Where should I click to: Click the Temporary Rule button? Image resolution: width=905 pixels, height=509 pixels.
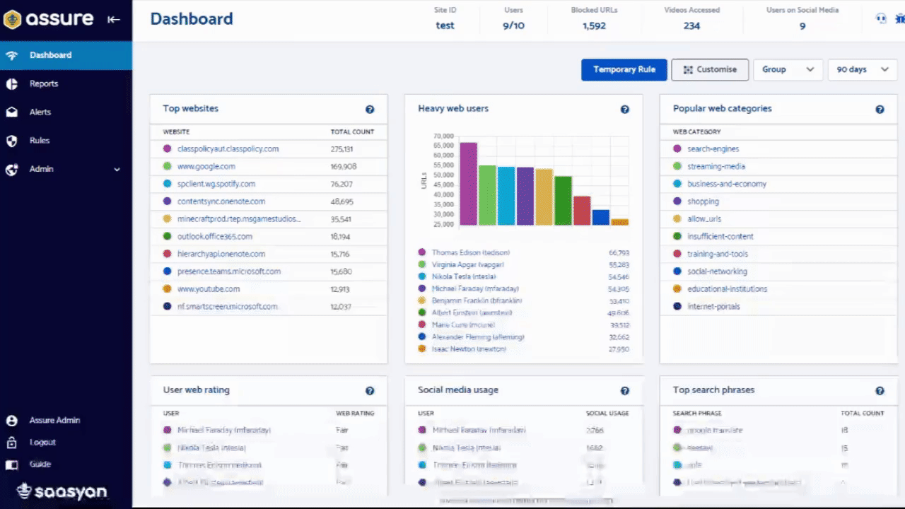pyautogui.click(x=624, y=69)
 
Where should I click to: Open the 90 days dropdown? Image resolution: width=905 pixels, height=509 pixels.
pyautogui.click(x=861, y=69)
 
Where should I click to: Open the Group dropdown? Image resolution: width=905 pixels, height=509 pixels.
pyautogui.click(x=787, y=69)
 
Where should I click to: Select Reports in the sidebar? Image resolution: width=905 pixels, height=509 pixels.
pyautogui.click(x=44, y=83)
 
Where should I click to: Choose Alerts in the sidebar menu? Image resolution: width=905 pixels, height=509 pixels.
pyautogui.click(x=40, y=112)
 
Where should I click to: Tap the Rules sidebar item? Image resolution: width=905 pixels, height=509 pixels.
pyautogui.click(x=40, y=140)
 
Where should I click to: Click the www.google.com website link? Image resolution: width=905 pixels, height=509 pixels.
pyautogui.click(x=206, y=166)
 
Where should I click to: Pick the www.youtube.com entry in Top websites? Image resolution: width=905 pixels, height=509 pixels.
pyautogui.click(x=209, y=288)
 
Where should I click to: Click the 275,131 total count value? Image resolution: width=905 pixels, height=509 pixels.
pyautogui.click(x=341, y=149)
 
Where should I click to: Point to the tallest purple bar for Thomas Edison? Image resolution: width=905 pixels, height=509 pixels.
pyautogui.click(x=468, y=184)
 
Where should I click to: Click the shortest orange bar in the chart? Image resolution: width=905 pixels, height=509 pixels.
pyautogui.click(x=619, y=222)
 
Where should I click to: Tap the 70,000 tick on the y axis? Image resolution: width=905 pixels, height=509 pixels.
pyautogui.click(x=443, y=136)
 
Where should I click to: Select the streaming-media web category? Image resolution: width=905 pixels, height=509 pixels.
pyautogui.click(x=716, y=166)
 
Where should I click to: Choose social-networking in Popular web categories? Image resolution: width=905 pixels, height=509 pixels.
pyautogui.click(x=717, y=271)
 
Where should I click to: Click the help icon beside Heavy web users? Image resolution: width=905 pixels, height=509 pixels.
pyautogui.click(x=624, y=110)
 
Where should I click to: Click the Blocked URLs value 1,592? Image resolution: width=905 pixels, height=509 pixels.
pyautogui.click(x=594, y=26)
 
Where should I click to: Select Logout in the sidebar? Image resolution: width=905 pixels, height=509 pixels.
pyautogui.click(x=42, y=442)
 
